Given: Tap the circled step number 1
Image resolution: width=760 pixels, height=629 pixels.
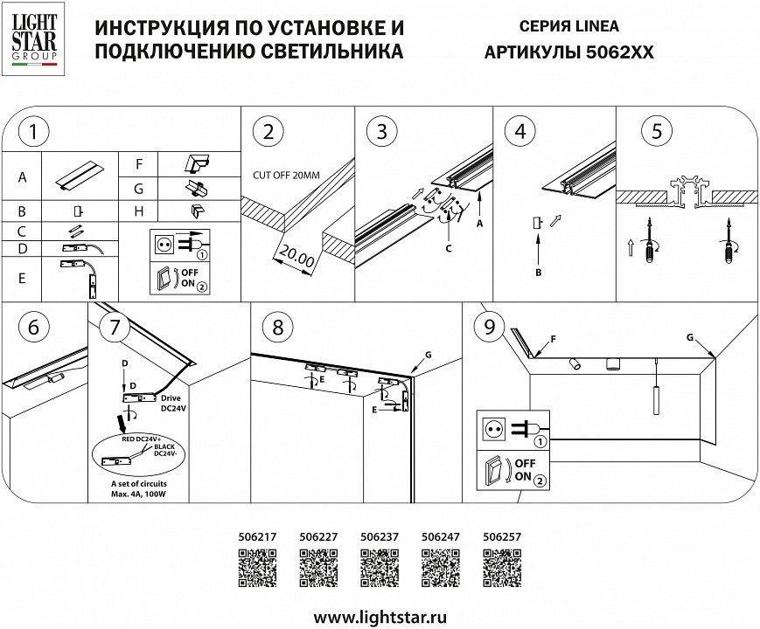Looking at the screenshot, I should pyautogui.click(x=32, y=133).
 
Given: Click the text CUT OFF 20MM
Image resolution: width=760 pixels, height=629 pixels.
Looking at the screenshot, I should pyautogui.click(x=286, y=175).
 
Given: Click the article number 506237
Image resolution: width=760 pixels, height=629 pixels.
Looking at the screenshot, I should pyautogui.click(x=380, y=539).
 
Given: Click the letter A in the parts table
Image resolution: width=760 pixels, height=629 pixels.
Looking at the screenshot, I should pyautogui.click(x=22, y=177).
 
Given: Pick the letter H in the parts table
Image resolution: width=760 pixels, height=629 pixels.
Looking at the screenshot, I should pyautogui.click(x=138, y=211).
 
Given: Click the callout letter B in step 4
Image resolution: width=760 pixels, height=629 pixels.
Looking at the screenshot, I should pyautogui.click(x=540, y=273).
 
